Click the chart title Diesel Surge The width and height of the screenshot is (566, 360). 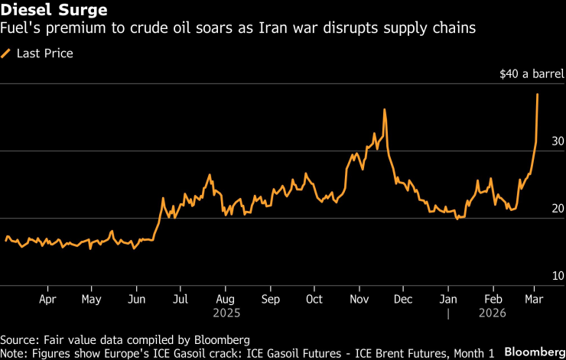(x=43, y=10)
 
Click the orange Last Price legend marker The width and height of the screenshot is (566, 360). (x=6, y=54)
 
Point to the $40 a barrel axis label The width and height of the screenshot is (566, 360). (x=532, y=75)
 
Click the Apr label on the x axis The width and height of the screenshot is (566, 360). (x=47, y=300)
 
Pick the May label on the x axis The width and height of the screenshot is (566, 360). (x=91, y=300)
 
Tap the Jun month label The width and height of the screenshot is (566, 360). (x=136, y=300)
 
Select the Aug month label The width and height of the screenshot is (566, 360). (x=225, y=300)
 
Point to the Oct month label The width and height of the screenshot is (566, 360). (x=314, y=300)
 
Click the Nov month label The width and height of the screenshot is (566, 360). (x=359, y=300)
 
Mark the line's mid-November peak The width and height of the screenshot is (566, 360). (x=384, y=109)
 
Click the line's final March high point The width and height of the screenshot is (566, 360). (x=538, y=94)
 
